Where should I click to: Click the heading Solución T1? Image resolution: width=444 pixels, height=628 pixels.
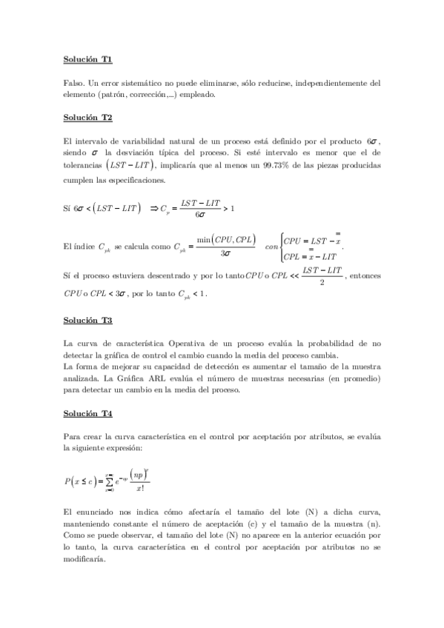point(87,58)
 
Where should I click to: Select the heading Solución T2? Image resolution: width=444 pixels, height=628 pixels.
point(87,117)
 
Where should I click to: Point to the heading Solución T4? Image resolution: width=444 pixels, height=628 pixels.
point(87,412)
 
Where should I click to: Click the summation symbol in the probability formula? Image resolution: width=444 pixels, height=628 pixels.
point(108,482)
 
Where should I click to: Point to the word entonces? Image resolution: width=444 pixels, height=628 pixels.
point(366,276)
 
